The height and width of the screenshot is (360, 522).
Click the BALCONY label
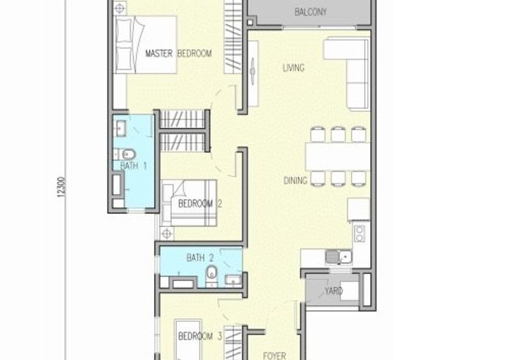pyautogui.click(x=311, y=12)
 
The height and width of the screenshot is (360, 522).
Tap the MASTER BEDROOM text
pyautogui.click(x=178, y=53)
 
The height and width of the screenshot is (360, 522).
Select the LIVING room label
pyautogui.click(x=293, y=68)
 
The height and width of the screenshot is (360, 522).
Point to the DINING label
pyautogui.click(x=296, y=181)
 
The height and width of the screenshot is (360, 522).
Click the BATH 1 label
pyautogui.click(x=134, y=166)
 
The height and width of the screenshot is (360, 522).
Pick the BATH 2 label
pyautogui.click(x=200, y=258)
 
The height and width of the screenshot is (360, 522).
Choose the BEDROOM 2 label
pyautogui.click(x=200, y=203)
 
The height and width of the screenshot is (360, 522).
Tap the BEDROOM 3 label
pyautogui.click(x=200, y=336)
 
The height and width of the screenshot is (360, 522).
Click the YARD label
pyautogui.click(x=333, y=291)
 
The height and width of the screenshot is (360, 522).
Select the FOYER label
pyautogui.click(x=274, y=355)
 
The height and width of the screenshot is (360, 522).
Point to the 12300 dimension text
pyautogui.click(x=61, y=187)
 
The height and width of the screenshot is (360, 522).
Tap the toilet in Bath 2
pyautogui.click(x=211, y=275)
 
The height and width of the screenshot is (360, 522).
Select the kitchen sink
pyautogui.click(x=339, y=257)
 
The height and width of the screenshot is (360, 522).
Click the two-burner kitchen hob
pyautogui.click(x=360, y=233)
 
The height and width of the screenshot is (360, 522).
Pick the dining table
pyautogui.click(x=338, y=157)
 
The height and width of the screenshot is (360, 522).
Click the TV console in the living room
pyautogui.click(x=253, y=74)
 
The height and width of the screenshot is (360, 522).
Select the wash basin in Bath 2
pyautogui.click(x=233, y=280)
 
